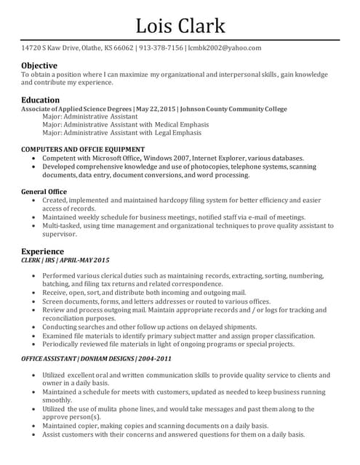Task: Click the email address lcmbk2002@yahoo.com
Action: pyautogui.click(x=225, y=48)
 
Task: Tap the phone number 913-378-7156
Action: pyautogui.click(x=161, y=48)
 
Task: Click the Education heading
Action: pyautogui.click(x=41, y=100)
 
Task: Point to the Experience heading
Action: pyautogui.click(x=43, y=251)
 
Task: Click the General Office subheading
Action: pyautogui.click(x=44, y=192)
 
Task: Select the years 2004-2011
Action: pyautogui.click(x=156, y=359)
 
